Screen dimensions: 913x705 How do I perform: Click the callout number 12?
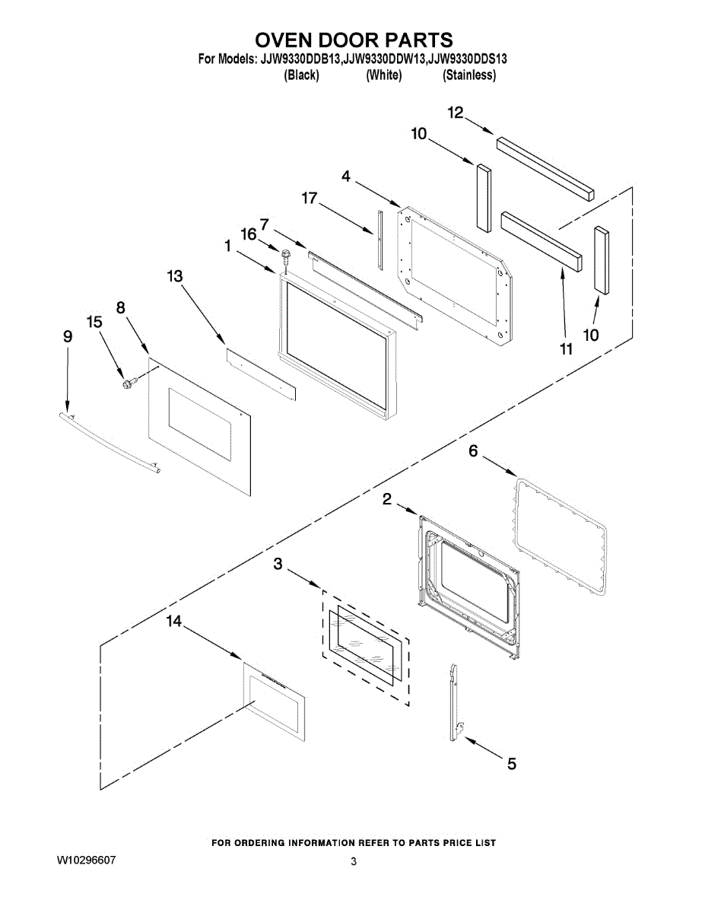click(x=456, y=113)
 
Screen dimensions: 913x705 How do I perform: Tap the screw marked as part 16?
click(x=287, y=255)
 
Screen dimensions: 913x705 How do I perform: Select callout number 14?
click(x=174, y=622)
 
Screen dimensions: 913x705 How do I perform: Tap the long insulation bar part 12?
click(x=545, y=167)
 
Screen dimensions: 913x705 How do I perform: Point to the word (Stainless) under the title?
click(x=469, y=75)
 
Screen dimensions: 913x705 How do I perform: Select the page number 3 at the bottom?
click(x=353, y=861)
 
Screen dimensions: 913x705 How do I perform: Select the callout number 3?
click(x=278, y=564)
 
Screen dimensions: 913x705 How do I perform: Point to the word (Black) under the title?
click(x=301, y=75)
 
